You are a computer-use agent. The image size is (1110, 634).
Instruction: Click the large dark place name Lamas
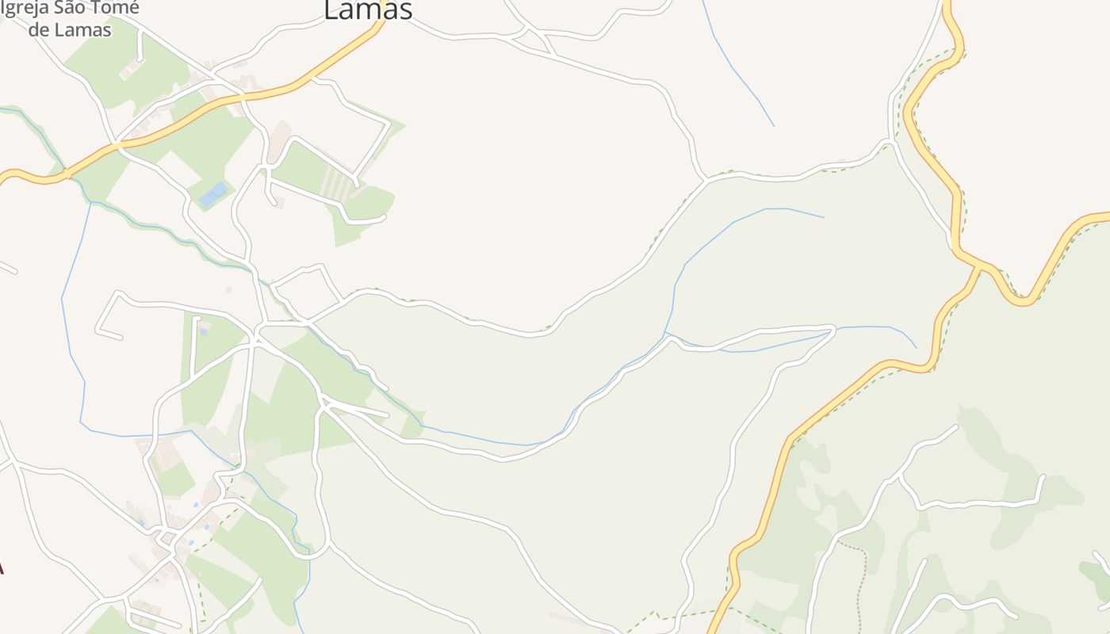coord(369,10)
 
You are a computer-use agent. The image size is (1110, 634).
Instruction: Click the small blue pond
coord(213,194)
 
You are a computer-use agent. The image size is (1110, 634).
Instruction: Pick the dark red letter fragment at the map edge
coord(2,567)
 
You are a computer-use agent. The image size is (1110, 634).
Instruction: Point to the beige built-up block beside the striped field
coord(279,139)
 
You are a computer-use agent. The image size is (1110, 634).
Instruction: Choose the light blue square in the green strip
coord(204,330)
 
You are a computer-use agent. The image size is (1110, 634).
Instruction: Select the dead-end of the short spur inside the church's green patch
coord(140,59)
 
